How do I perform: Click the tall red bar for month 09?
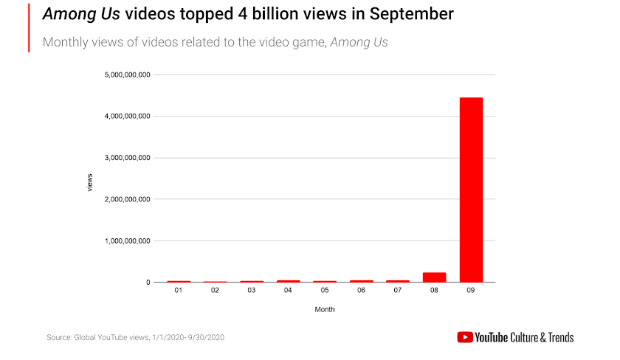pos(471,190)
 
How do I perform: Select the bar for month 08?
pos(434,277)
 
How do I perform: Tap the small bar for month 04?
pos(288,281)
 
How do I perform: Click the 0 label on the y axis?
pos(148,283)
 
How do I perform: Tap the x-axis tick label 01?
pos(179,291)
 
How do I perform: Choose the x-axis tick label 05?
pos(325,291)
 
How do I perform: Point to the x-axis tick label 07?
pos(398,291)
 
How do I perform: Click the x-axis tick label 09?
pos(471,291)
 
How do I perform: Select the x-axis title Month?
pos(325,309)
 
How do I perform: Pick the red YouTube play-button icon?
pos(465,337)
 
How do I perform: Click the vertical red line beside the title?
pos(30,27)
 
